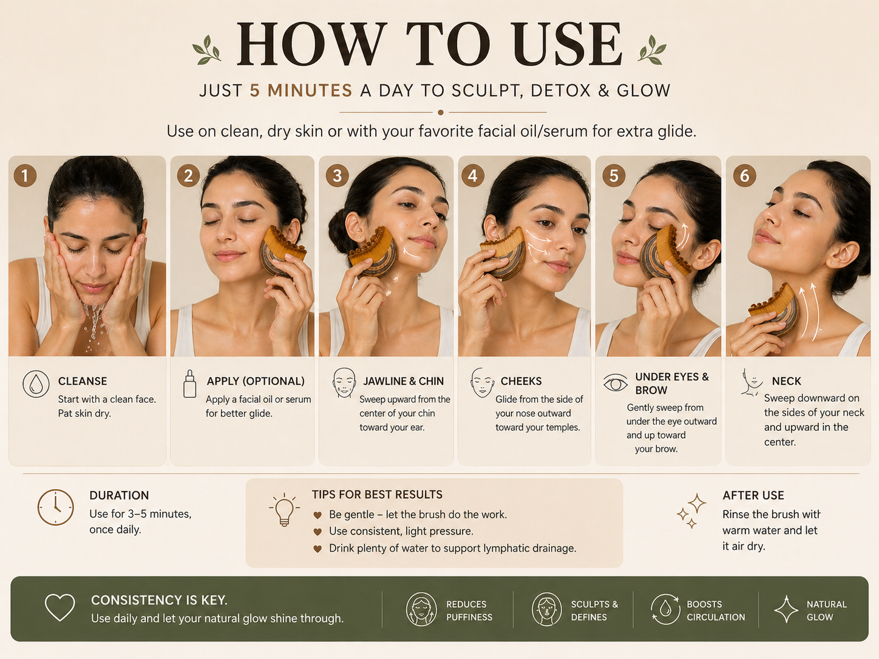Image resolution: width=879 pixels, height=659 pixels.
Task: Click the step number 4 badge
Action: [472, 175]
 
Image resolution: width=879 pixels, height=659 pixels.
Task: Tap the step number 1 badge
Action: [25, 175]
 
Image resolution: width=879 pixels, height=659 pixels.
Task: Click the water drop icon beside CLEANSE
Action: [36, 384]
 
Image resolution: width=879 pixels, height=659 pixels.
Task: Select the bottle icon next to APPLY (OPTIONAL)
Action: [190, 384]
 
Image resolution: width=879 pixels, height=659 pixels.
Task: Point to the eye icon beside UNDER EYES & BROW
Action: [616, 384]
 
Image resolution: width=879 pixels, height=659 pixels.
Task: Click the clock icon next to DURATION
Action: [55, 507]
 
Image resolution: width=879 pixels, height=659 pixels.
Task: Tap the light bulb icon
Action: [284, 509]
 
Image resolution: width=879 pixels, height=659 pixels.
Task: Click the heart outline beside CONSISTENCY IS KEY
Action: [60, 607]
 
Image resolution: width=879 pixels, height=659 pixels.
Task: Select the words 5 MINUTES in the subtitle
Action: [301, 90]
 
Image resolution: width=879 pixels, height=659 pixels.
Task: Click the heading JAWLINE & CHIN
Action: [403, 381]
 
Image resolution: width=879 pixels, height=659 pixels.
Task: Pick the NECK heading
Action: [787, 381]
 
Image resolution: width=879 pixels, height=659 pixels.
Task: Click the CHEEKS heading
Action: [521, 381]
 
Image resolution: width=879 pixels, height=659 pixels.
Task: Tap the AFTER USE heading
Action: [753, 495]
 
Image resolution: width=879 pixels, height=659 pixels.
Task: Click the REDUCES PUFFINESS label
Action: [469, 610]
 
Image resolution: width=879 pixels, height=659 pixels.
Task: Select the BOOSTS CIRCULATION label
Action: [716, 610]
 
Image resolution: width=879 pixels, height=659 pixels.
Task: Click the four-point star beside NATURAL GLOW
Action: [787, 609]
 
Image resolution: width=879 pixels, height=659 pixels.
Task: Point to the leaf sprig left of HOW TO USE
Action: [207, 50]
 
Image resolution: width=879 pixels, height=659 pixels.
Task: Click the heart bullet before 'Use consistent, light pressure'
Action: [317, 532]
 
